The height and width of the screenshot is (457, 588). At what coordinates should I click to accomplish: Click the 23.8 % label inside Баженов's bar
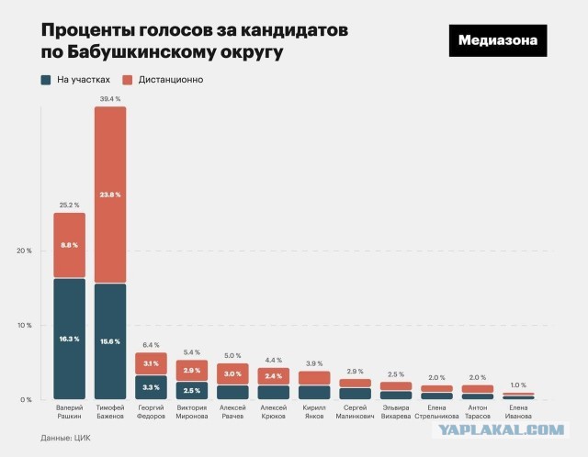tap(110, 195)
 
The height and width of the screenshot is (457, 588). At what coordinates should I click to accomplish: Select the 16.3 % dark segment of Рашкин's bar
tap(70, 339)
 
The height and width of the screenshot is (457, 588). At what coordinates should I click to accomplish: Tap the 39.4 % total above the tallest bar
tap(110, 97)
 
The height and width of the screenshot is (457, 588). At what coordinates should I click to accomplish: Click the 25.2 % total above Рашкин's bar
tap(70, 204)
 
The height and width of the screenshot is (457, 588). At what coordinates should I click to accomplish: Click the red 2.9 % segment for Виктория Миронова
tap(192, 370)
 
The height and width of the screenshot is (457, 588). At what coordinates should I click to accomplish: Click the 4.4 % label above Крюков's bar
tap(273, 359)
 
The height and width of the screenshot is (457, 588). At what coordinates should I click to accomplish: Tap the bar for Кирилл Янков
tap(314, 385)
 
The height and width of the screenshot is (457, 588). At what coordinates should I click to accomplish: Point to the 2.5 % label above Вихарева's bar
tap(395, 373)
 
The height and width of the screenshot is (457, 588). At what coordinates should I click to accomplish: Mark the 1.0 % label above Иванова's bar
tap(517, 385)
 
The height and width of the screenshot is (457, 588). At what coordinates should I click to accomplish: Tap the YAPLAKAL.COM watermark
tap(514, 429)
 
